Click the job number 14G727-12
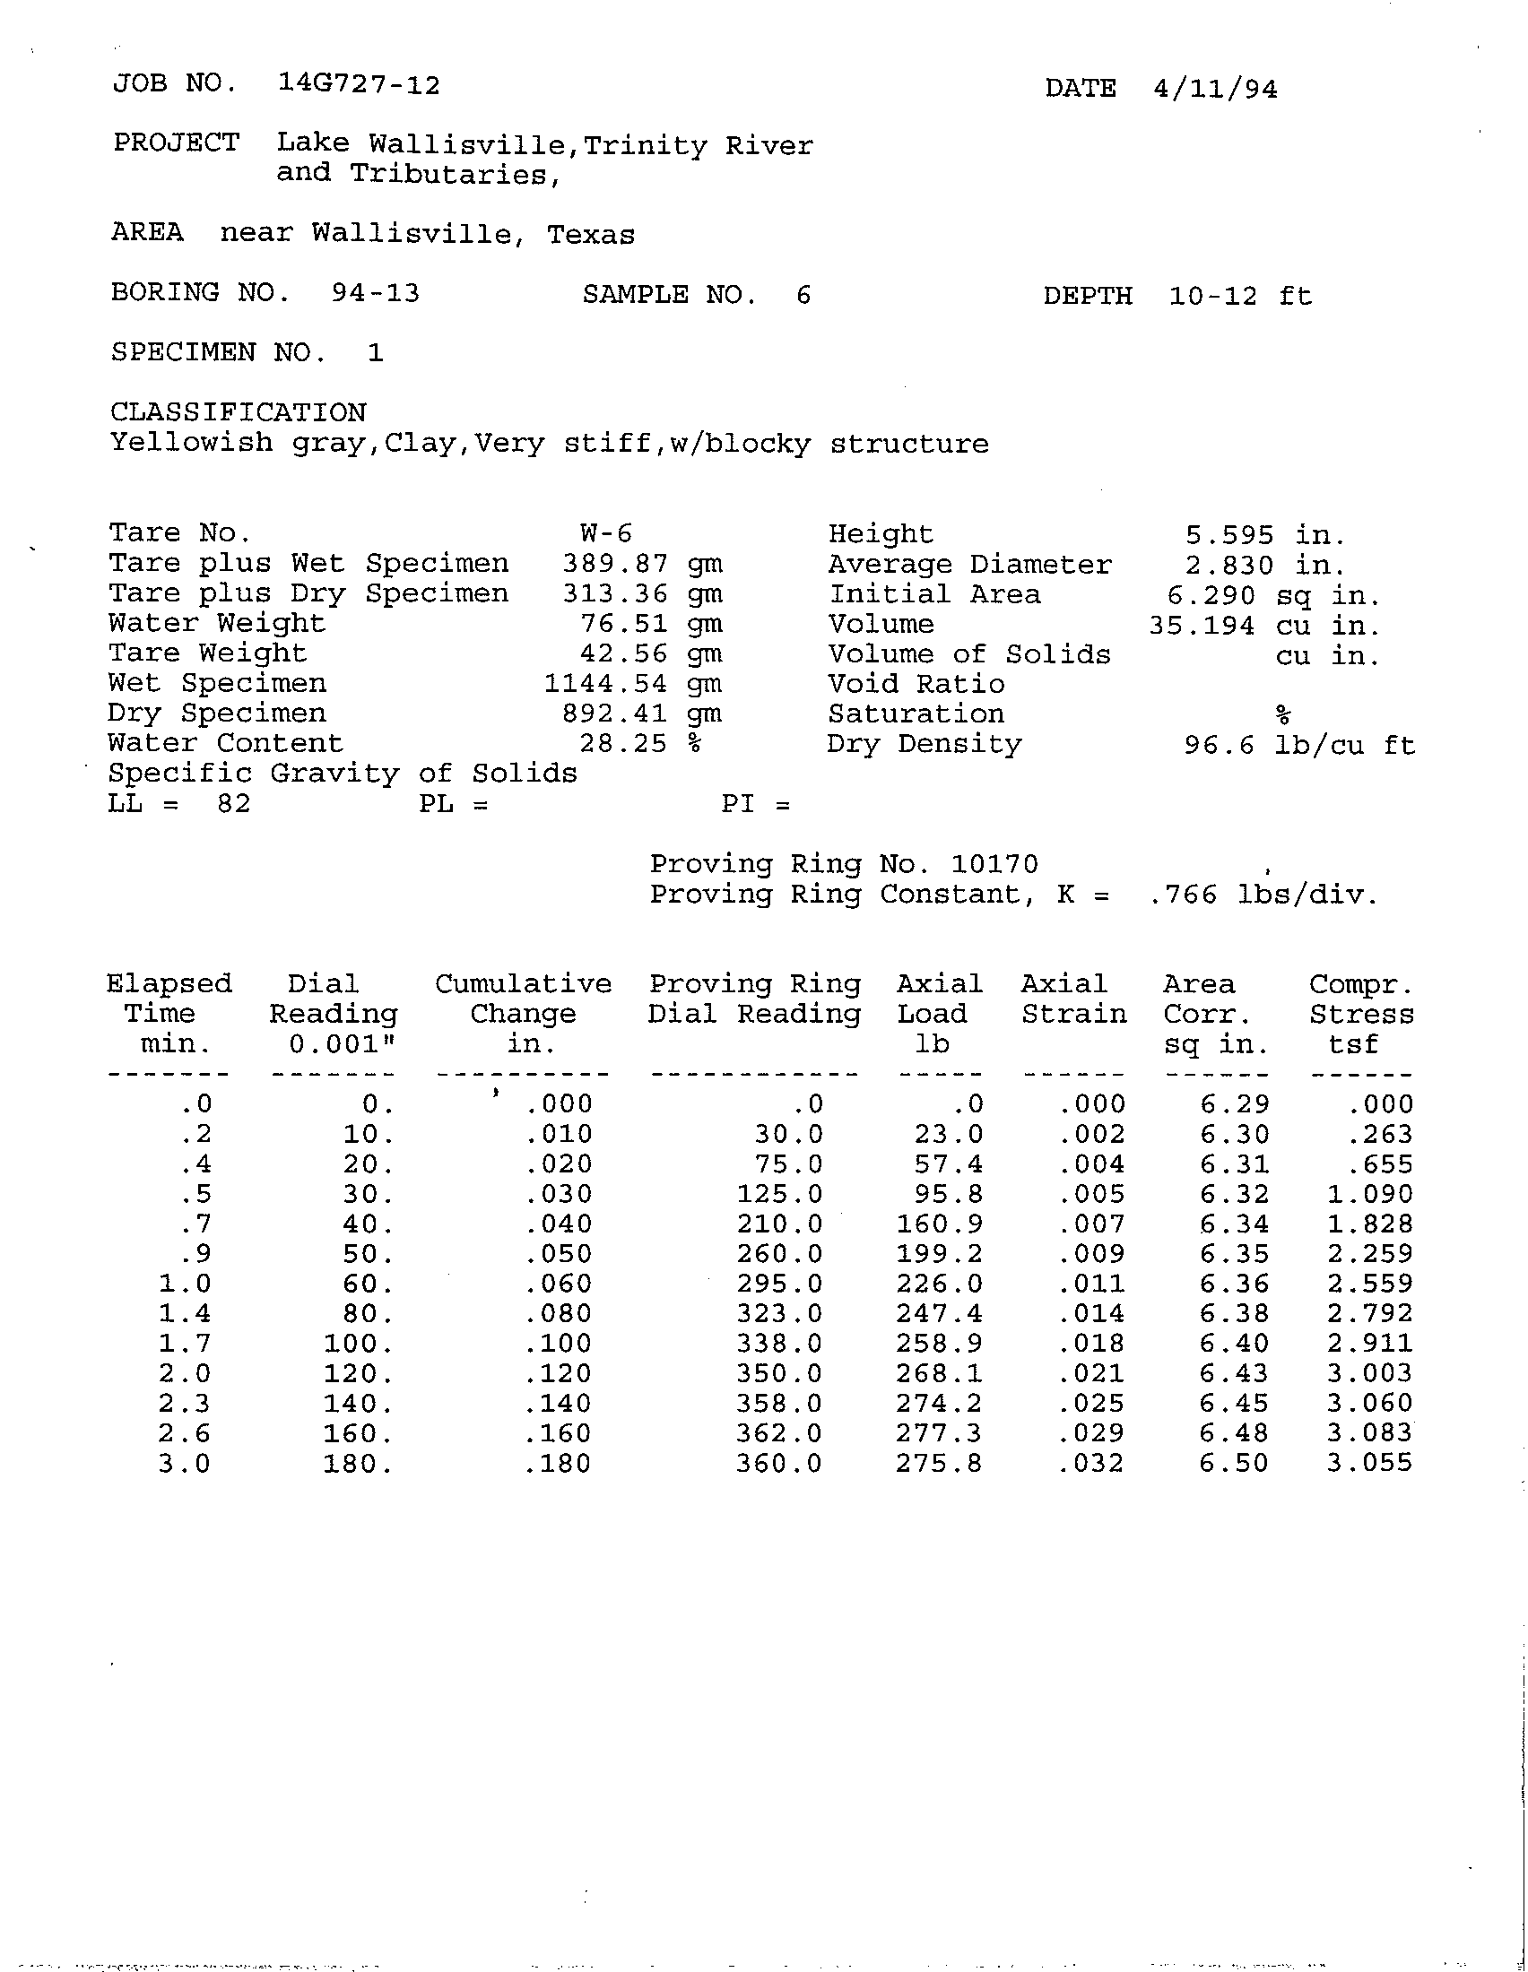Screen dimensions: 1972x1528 tap(359, 85)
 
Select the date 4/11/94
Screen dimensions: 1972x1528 tap(1215, 89)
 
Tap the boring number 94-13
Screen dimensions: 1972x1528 tap(375, 293)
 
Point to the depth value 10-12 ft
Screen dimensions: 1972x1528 tap(1240, 296)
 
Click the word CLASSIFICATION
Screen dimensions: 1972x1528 tap(239, 412)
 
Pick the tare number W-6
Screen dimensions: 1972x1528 tap(606, 532)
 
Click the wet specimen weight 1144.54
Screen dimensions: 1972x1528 tap(605, 684)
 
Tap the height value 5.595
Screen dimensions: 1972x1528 tap(1229, 535)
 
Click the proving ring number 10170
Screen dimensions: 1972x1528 tap(994, 864)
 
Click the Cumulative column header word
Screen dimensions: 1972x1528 tap(523, 983)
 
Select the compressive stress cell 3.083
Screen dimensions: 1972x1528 tap(1369, 1433)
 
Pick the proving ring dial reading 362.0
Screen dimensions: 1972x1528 tap(779, 1433)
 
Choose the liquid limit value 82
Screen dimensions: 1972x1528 tap(233, 803)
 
